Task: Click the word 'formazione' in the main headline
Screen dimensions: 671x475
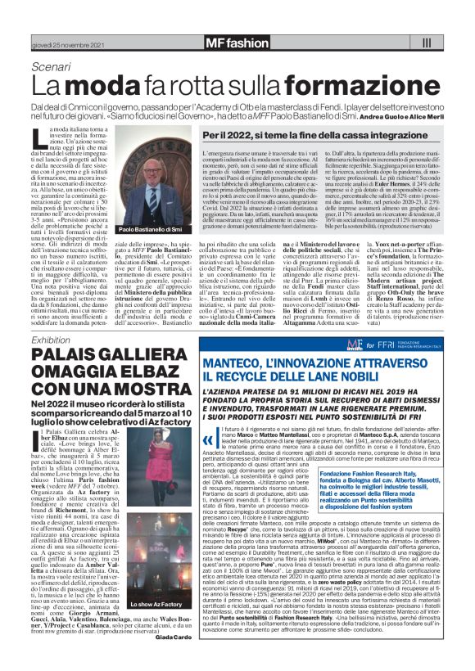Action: click(312, 86)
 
